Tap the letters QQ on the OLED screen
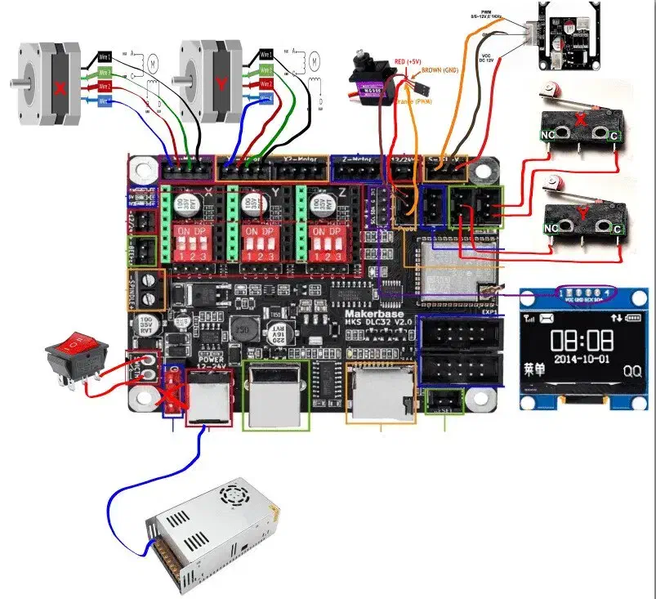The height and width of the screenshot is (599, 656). [x=631, y=369]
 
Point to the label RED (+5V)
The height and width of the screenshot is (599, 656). [x=408, y=60]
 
